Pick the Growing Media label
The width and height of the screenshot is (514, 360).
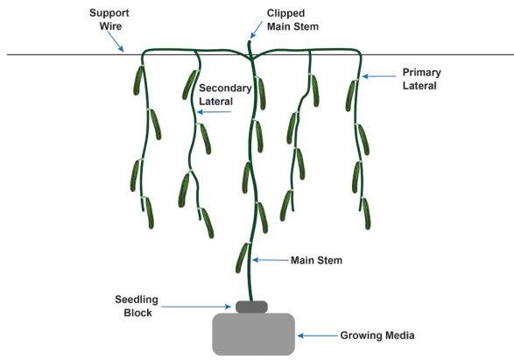tap(379, 334)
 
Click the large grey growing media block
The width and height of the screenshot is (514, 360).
tap(253, 334)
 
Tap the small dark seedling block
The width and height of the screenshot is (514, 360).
tap(253, 306)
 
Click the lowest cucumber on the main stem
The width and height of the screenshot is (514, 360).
tap(242, 258)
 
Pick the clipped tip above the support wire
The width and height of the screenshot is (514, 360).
tap(250, 46)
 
